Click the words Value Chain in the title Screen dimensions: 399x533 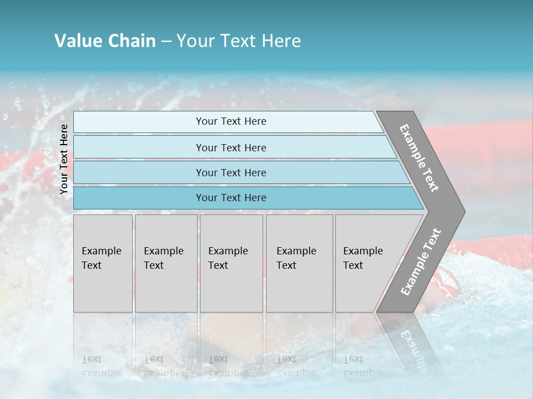click(105, 41)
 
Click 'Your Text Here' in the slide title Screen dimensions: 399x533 click(239, 41)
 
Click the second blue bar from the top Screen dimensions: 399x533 click(230, 147)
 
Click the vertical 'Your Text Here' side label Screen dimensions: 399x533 click(64, 159)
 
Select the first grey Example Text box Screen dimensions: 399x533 click(103, 263)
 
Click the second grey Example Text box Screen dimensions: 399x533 click(165, 263)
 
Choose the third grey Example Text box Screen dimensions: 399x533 click(231, 263)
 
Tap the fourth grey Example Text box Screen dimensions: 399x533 click(299, 263)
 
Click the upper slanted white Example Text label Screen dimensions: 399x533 click(419, 158)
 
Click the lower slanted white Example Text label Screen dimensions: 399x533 click(420, 262)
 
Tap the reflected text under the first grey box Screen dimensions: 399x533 click(101, 366)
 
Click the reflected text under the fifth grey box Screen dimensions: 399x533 click(363, 366)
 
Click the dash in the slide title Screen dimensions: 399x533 click(166, 42)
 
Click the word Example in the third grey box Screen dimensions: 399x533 click(228, 251)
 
